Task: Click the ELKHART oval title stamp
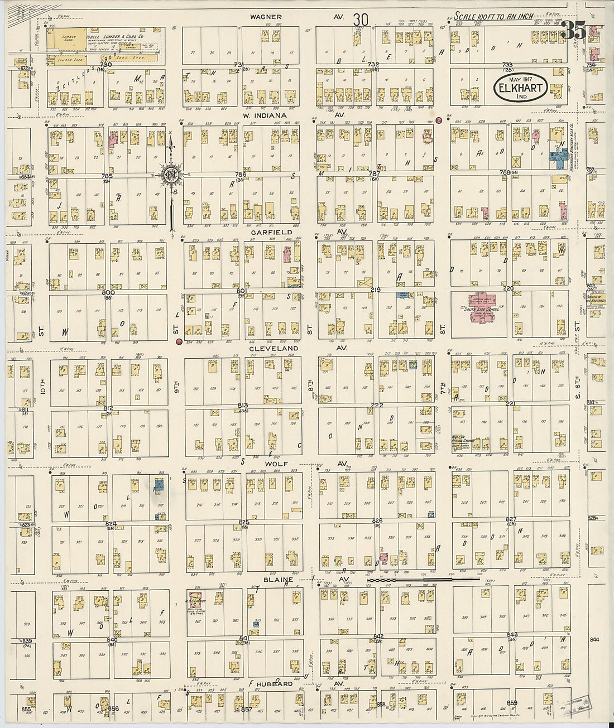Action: coord(520,89)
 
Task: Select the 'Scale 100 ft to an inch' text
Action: coord(493,17)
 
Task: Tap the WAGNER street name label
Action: coord(266,17)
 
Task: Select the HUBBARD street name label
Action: coord(275,683)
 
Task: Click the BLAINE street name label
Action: coord(279,580)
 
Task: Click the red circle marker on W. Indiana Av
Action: coord(439,120)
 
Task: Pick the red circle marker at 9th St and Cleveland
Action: coord(179,341)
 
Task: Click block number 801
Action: coord(241,291)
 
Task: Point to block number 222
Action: coord(377,405)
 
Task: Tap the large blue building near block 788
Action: coord(557,158)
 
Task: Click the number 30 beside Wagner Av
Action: coord(361,19)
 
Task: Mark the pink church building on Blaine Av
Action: coord(195,601)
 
